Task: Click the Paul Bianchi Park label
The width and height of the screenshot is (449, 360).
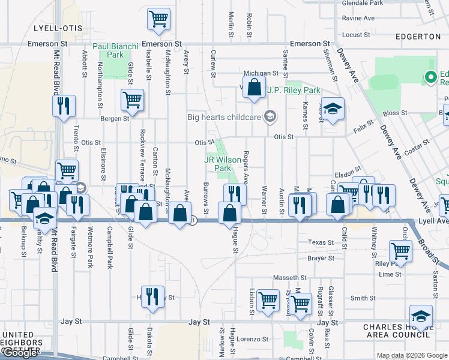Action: (x=116, y=50)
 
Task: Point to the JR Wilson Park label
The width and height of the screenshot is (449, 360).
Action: (x=218, y=164)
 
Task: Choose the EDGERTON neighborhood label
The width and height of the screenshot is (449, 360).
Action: (x=418, y=36)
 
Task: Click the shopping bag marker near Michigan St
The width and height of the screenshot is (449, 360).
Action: (x=255, y=86)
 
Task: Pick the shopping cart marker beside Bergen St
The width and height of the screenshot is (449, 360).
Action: (x=132, y=100)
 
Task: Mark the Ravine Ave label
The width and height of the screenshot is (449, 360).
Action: (x=358, y=18)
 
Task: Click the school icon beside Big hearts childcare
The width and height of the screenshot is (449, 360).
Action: (x=270, y=116)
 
